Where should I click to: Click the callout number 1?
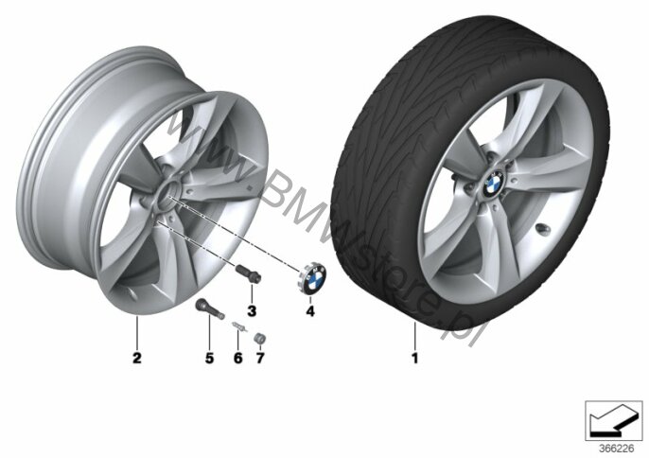coord(414,359)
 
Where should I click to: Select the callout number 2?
coord(136,359)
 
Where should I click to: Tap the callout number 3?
coord(252,311)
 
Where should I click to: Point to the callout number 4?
coord(310,311)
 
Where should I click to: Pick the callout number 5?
coord(209,359)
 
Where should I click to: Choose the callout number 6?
coord(238,359)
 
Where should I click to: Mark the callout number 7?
coord(259,359)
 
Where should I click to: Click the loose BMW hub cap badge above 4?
coord(312,277)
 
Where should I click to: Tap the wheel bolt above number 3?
coord(248,273)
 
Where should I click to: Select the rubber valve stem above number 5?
coord(209,308)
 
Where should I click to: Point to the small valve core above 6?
coord(239,326)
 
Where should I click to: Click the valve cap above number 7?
coord(259,338)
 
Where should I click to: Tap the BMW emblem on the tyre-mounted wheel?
coord(492,185)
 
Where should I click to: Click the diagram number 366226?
coord(616,449)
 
